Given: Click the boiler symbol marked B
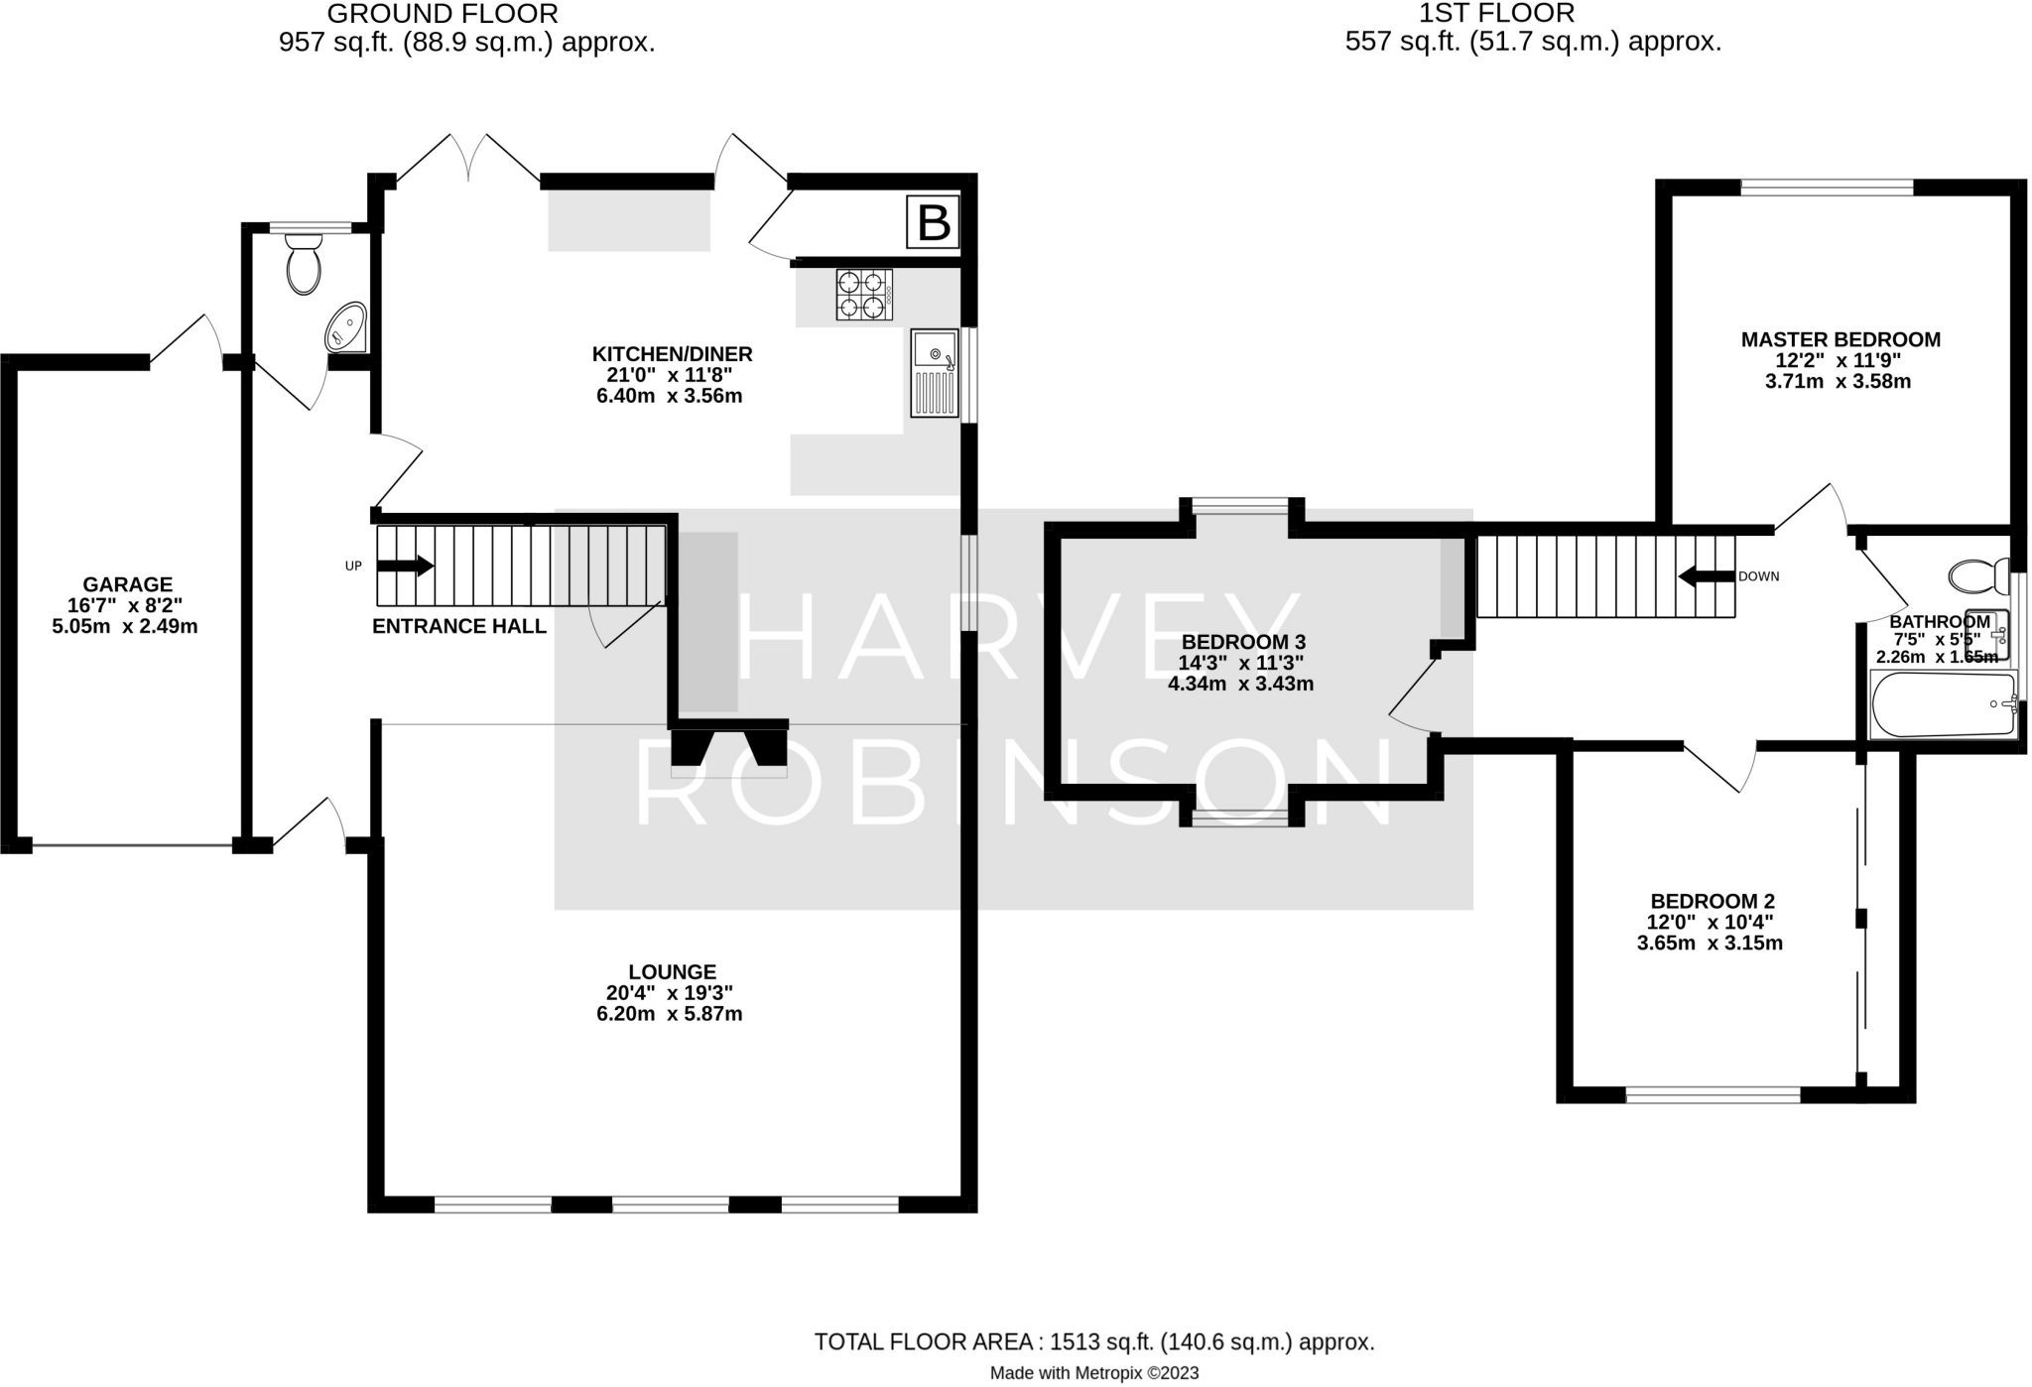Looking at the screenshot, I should click(x=933, y=222).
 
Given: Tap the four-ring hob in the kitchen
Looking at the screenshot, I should click(x=861, y=295).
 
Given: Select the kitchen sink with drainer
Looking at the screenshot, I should click(x=935, y=373).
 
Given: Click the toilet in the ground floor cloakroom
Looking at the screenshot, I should click(x=304, y=264).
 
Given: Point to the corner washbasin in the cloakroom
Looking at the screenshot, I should click(x=347, y=326).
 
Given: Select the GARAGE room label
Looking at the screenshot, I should click(x=127, y=584).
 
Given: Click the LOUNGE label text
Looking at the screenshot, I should click(x=672, y=971).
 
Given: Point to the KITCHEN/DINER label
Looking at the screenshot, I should click(x=672, y=354).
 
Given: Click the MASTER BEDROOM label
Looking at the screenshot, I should click(x=1841, y=339).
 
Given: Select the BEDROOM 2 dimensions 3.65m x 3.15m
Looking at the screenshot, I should click(x=1710, y=943).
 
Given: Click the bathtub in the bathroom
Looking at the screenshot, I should click(x=1943, y=704).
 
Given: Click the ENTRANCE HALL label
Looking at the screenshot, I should click(x=458, y=626).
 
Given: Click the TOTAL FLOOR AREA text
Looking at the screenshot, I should click(x=1093, y=1342).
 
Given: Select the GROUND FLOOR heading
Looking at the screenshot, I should click(x=442, y=14).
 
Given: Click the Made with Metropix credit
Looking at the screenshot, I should click(x=1093, y=1373).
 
